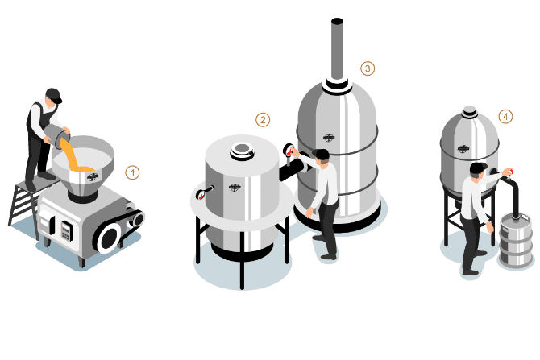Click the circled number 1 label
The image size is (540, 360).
point(133,172)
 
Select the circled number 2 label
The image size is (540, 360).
point(263,120)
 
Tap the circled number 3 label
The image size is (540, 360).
point(368,68)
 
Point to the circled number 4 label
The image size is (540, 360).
point(505,117)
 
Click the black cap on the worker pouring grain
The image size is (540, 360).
point(53,94)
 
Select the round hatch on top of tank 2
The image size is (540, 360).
point(240,149)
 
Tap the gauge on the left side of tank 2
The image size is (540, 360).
point(202,192)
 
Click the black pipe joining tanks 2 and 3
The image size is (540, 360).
point(289,170)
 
